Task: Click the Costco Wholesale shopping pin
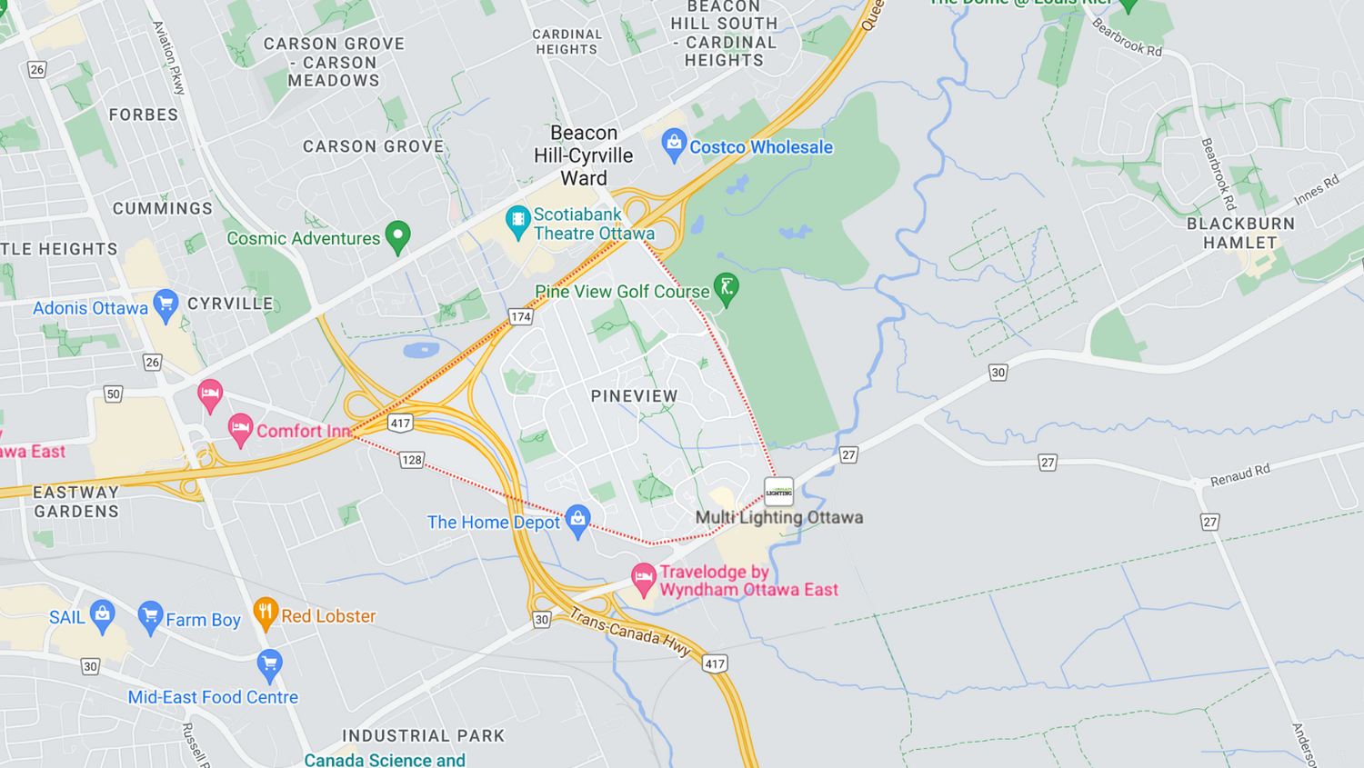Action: pos(674,144)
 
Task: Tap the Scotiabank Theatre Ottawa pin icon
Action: pos(517,221)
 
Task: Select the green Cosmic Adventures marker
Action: pos(397,236)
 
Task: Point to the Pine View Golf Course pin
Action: pos(727,289)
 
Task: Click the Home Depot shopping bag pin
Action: pos(577,520)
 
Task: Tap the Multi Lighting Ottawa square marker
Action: pos(779,492)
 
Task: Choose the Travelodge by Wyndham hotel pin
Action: pos(644,578)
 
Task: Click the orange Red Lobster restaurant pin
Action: pos(265,613)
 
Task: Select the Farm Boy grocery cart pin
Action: pos(150,617)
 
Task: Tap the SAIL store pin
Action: pos(103,614)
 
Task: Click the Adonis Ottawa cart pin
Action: pos(165,304)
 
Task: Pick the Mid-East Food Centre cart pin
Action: pos(269,664)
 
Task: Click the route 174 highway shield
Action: pos(520,317)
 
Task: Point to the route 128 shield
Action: pos(412,460)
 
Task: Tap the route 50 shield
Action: pos(113,394)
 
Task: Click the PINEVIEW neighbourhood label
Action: pos(634,396)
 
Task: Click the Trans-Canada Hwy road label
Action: pos(630,632)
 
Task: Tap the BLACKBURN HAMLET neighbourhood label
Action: pos(1240,233)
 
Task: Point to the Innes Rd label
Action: pos(1317,190)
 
